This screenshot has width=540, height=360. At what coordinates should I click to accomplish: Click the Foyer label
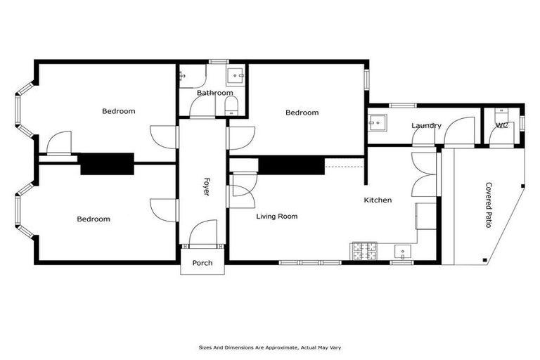207,186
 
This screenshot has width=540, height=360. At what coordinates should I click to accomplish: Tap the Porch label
202,263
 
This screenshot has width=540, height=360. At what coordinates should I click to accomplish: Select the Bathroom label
214,93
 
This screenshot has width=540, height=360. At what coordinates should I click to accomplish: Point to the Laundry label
426,126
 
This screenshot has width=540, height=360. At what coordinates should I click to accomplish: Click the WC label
502,126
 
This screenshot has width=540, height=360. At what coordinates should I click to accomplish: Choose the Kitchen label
378,200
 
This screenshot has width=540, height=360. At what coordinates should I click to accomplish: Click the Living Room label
276,217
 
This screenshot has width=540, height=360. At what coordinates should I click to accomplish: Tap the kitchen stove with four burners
364,250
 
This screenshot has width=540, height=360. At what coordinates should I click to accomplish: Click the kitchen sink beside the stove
401,250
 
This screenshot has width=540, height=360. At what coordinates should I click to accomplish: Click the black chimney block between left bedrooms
107,163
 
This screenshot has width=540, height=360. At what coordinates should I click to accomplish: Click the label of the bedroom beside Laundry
302,112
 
